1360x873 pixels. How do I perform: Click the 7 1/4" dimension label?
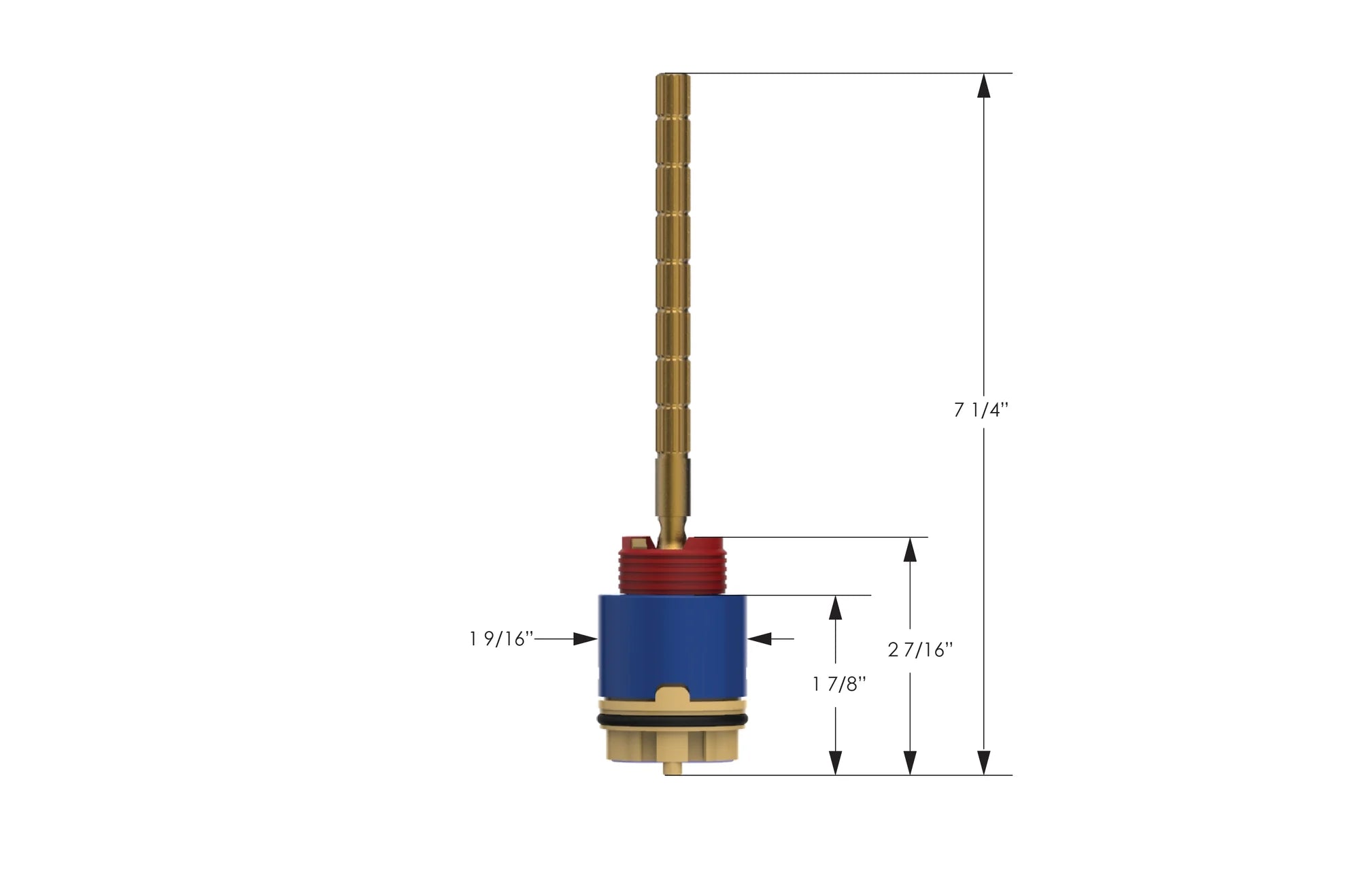pyautogui.click(x=981, y=410)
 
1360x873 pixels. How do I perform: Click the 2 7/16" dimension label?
pyautogui.click(x=920, y=650)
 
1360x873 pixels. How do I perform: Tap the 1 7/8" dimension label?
pyautogui.click(x=839, y=684)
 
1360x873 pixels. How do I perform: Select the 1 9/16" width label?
pyautogui.click(x=501, y=639)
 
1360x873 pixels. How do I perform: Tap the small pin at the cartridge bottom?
pyautogui.click(x=672, y=769)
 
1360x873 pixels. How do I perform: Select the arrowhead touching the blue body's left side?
pyautogui.click(x=585, y=639)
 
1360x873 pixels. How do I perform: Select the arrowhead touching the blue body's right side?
pyautogui.click(x=760, y=639)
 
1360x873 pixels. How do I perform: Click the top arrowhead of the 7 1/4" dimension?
pyautogui.click(x=983, y=86)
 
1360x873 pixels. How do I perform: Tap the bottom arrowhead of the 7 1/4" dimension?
pyautogui.click(x=983, y=762)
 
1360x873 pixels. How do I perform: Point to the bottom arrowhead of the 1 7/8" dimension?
pyautogui.click(x=836, y=762)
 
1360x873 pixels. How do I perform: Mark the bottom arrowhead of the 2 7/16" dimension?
pyautogui.click(x=910, y=762)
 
